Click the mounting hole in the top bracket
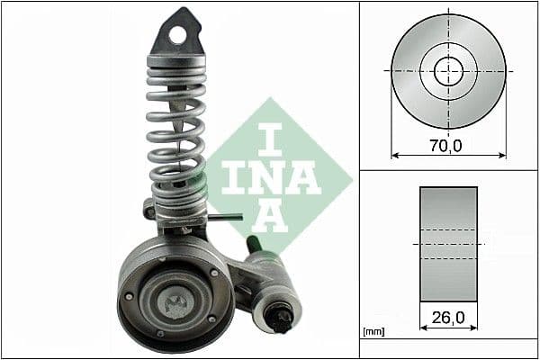(178, 35)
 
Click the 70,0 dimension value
(447, 145)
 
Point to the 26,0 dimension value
(447, 317)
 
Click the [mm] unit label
(372, 331)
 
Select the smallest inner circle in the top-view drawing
(448, 70)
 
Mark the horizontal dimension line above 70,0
(448, 155)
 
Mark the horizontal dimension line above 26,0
(448, 328)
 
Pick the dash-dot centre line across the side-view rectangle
(448, 244)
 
